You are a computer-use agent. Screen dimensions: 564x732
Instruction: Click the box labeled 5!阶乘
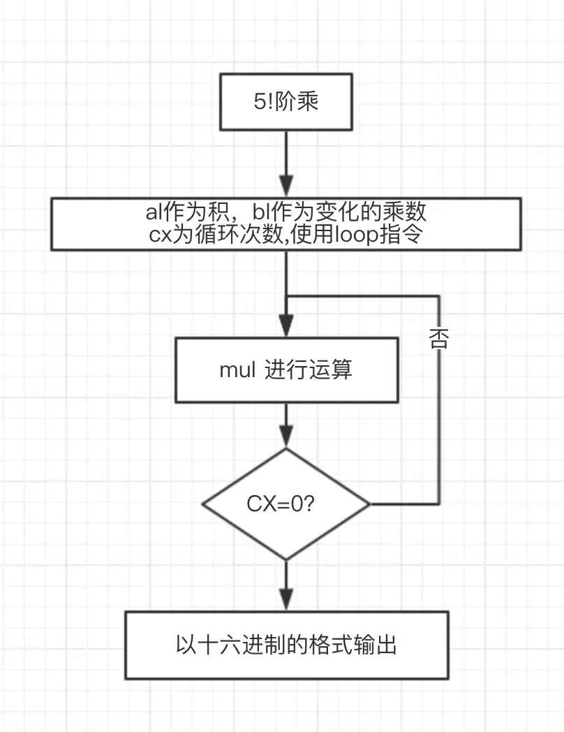pos(286,102)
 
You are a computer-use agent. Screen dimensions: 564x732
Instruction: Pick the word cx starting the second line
pos(160,235)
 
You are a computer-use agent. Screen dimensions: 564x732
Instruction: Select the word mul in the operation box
pos(237,369)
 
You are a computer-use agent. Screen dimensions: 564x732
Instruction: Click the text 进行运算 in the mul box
pos(309,369)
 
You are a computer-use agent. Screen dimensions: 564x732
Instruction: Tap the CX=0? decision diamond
pos(286,504)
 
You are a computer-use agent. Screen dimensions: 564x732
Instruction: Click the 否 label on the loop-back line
pos(438,339)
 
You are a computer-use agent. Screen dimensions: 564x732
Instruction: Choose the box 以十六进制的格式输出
pos(286,645)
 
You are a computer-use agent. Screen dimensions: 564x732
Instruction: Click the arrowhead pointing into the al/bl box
pos(286,186)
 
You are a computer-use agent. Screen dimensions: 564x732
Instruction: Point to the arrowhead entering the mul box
pos(286,325)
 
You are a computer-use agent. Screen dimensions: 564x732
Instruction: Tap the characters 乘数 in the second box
pos(404,212)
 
